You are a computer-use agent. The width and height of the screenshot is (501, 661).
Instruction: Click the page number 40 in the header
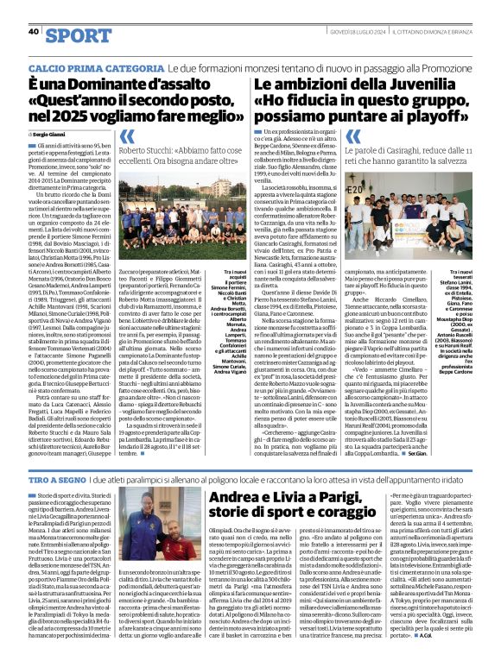point(34,31)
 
